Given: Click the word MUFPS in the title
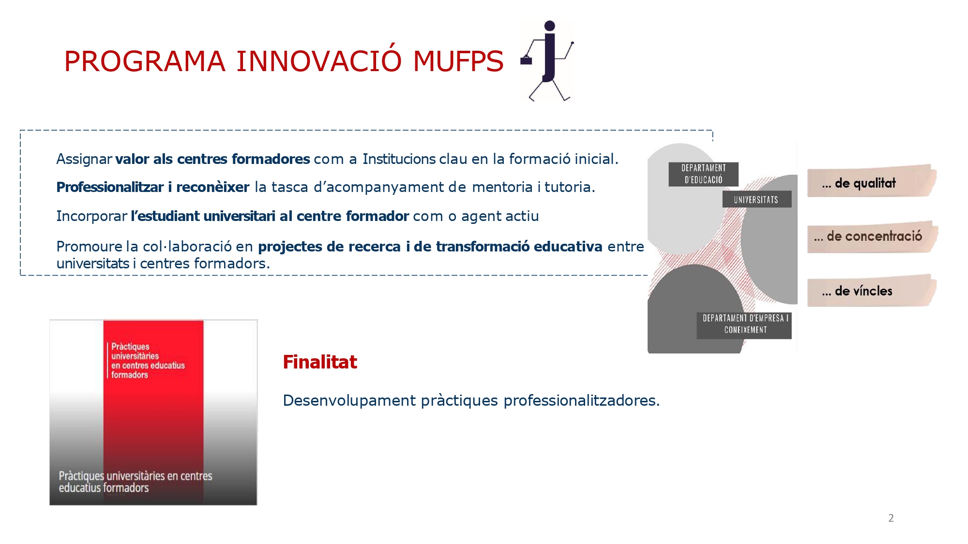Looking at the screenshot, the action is coord(458,61).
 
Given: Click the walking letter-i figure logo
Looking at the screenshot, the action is coord(547,61).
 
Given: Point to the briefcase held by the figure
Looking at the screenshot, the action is coord(526,60).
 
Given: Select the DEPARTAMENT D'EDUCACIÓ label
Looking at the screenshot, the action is coord(703,174).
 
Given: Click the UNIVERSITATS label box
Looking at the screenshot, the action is coord(756,199).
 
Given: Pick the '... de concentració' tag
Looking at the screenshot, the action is coord(872,236).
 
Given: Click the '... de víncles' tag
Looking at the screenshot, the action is coord(871,291).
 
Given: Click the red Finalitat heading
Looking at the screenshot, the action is coord(320,362).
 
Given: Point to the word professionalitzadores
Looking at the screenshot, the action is coord(581,401).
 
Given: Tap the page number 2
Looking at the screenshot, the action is coord(891,518).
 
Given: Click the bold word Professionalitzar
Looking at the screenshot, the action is coord(110,187).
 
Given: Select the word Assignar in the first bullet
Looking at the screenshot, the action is coord(84,159).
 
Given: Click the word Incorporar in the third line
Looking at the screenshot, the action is coord(91,216).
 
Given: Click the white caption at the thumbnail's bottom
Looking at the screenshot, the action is coord(136,482).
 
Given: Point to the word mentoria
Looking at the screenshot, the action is coord(502,187).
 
